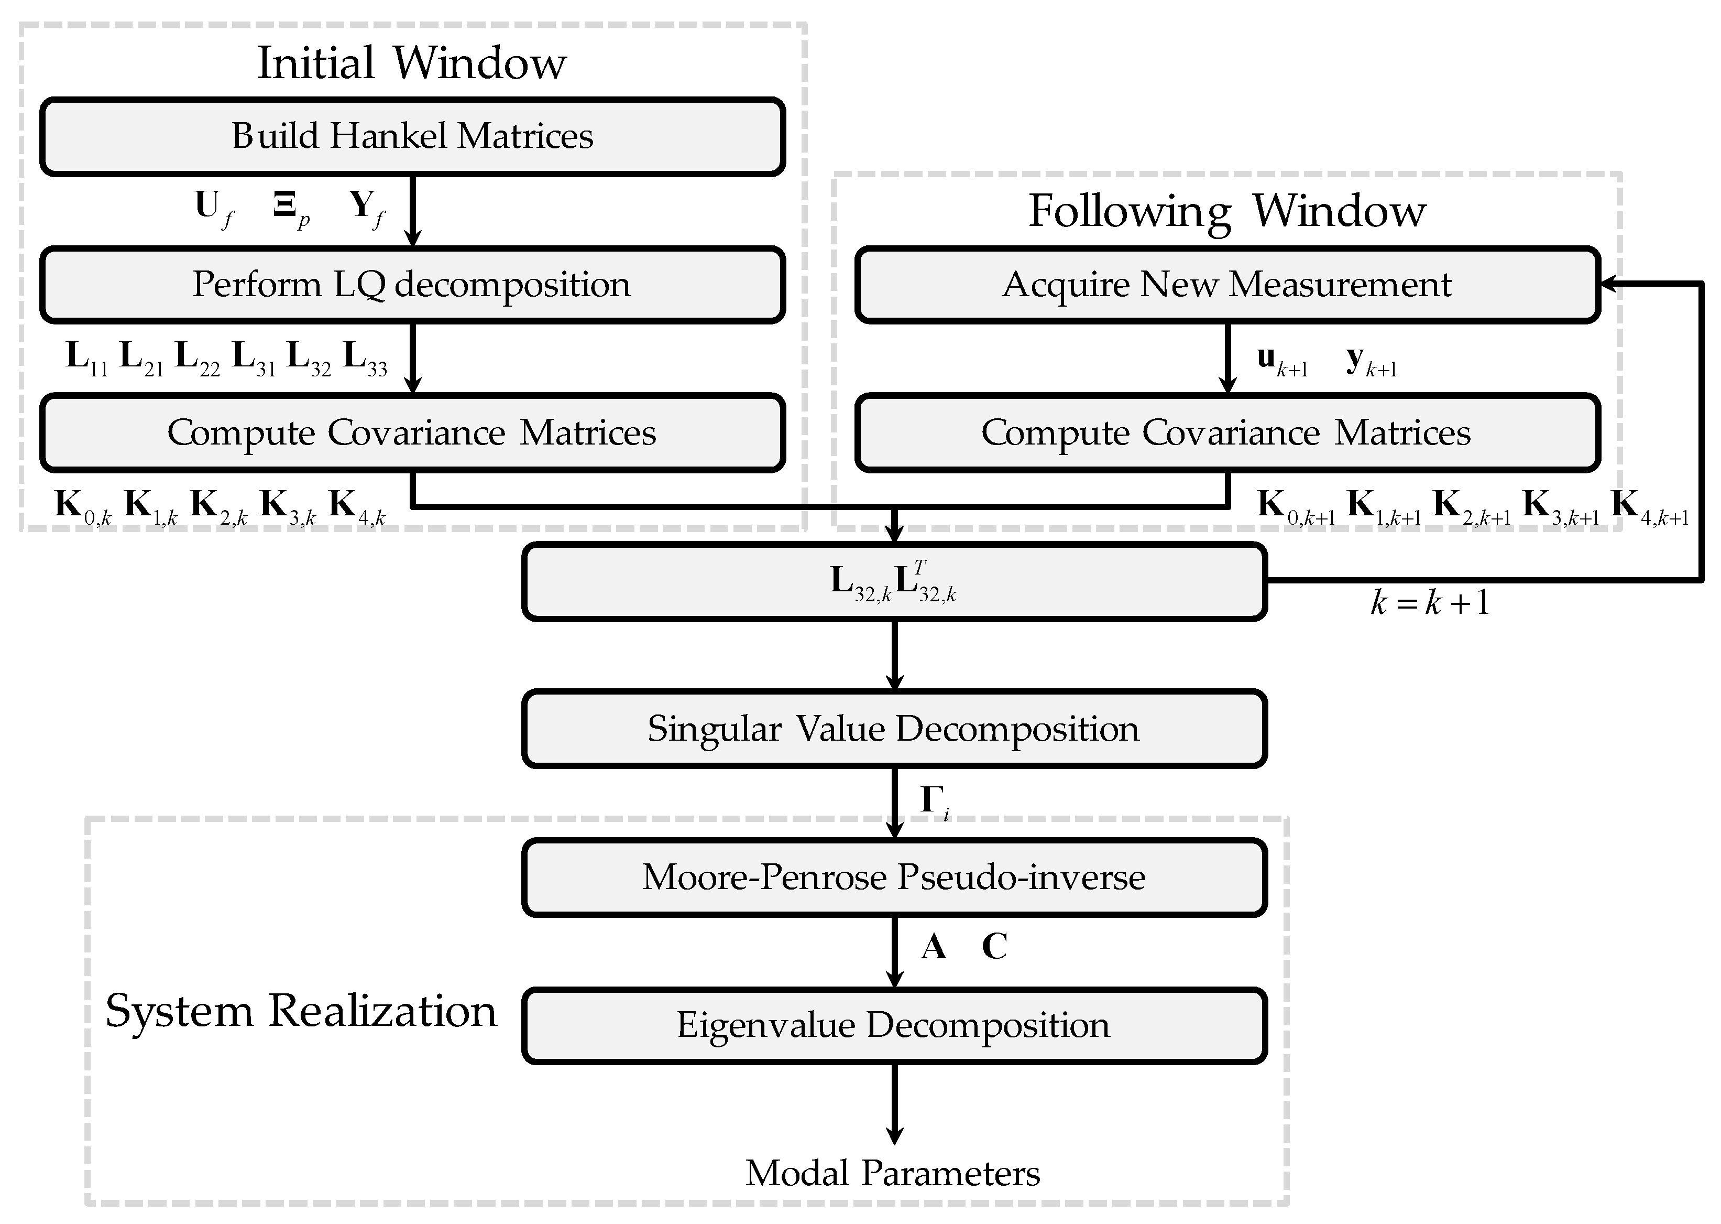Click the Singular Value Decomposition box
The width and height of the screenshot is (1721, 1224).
[x=893, y=729]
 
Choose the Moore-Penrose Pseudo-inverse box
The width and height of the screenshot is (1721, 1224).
[x=893, y=878]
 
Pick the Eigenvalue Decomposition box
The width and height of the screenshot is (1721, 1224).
[x=893, y=1025]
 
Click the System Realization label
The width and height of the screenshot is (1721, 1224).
[x=301, y=1011]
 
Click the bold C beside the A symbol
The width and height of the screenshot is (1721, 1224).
[x=994, y=947]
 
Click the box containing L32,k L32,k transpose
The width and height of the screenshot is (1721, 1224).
[x=893, y=582]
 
